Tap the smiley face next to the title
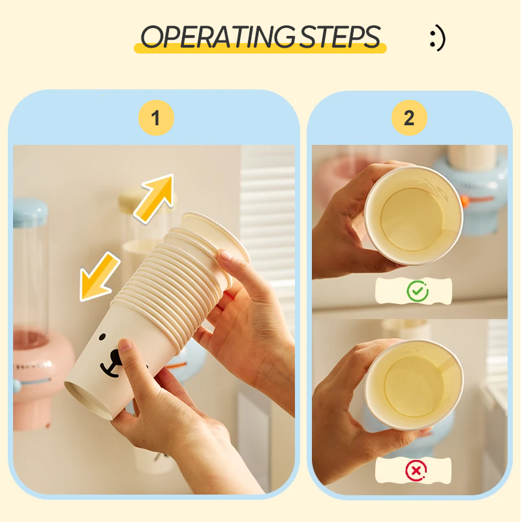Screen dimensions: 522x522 (437, 38)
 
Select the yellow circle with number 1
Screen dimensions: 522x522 (156, 118)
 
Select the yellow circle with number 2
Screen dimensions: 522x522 (409, 118)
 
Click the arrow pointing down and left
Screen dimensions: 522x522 (99, 277)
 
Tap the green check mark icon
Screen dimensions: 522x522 (417, 291)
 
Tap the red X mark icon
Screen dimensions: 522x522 (416, 468)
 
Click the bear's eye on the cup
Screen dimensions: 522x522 (102, 337)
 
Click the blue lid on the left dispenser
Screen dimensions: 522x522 (29, 213)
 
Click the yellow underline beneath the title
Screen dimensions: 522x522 (261, 50)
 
